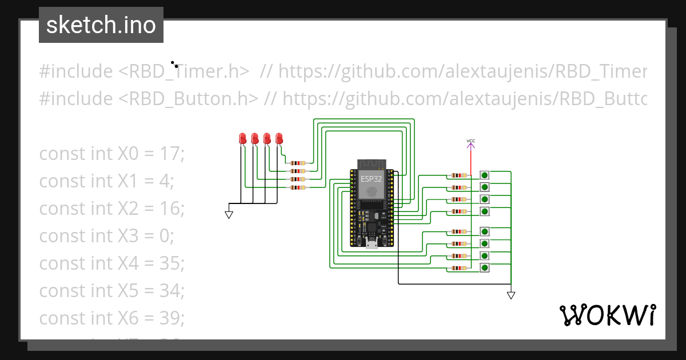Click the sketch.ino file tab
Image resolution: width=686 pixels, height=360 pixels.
101,25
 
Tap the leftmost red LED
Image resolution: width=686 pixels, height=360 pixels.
242,138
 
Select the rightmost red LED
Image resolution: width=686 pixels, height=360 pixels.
279,138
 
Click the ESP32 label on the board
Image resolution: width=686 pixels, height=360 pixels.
371,178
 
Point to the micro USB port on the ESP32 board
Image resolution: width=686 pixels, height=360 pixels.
372,245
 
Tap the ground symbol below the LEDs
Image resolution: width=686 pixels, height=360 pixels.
229,214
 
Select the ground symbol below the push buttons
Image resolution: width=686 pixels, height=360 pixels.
511,295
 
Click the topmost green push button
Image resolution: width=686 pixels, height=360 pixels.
485,175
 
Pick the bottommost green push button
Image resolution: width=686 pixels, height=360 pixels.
485,267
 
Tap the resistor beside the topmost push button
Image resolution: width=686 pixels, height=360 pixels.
458,175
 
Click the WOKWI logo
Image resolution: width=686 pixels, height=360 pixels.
607,315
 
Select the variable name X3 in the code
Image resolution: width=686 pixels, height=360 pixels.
128,236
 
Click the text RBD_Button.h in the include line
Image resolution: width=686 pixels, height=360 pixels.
189,99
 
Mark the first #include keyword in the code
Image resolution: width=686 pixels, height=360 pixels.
75,71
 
